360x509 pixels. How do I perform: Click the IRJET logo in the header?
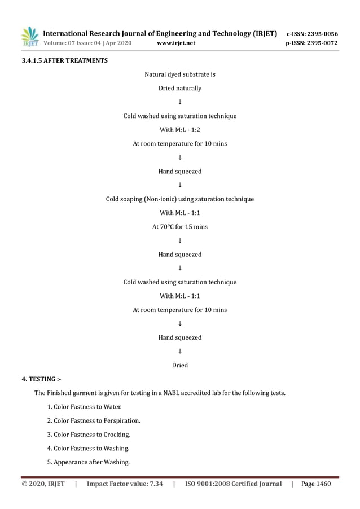tap(29, 37)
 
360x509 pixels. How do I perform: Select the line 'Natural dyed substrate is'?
tap(180, 74)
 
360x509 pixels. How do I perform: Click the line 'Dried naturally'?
tap(180, 88)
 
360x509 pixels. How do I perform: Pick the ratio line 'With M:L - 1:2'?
tap(180, 130)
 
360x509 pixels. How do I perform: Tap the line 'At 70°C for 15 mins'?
tap(180, 227)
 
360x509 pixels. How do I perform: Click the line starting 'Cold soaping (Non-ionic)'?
tap(180, 199)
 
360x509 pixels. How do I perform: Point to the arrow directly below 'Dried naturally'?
tap(180, 102)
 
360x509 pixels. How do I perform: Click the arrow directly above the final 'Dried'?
tap(180, 351)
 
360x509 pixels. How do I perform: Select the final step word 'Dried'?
tap(180, 365)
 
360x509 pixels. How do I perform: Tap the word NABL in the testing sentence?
tap(169, 393)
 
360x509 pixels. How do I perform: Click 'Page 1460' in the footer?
tap(317, 484)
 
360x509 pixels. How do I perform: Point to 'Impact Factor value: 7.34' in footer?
tap(125, 484)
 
